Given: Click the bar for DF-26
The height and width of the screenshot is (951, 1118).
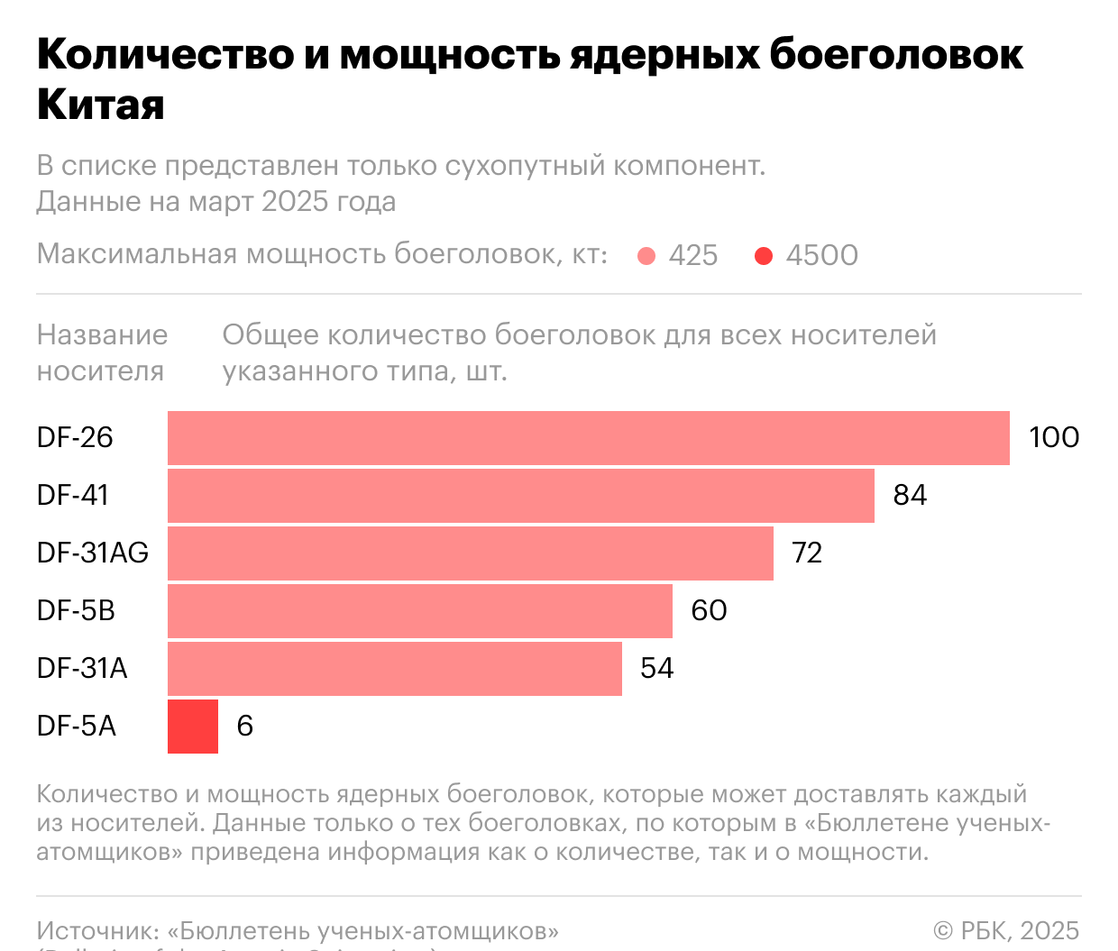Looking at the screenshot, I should tap(588, 438).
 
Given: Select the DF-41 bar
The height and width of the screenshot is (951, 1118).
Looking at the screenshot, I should tap(520, 496).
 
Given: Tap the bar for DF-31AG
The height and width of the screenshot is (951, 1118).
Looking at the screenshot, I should tap(470, 553).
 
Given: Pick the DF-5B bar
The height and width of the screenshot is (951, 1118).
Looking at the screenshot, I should tap(419, 611).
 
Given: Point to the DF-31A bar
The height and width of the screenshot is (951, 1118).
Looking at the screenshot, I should tap(394, 669).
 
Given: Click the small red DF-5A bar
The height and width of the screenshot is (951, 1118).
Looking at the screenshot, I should tap(192, 727).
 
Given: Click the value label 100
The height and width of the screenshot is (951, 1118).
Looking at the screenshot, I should tap(1053, 438).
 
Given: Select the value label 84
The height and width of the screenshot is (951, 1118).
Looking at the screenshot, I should tap(910, 496).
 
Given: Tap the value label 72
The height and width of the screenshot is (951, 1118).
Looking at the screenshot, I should tap(807, 553).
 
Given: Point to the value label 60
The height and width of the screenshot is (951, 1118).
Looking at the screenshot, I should tap(709, 611).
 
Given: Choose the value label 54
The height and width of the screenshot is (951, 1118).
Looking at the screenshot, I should tap(656, 669).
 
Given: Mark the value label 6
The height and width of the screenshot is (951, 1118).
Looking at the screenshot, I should tap(244, 727).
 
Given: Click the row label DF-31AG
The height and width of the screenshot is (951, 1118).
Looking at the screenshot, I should tap(92, 553).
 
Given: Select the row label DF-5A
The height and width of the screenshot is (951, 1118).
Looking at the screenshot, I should tap(77, 727).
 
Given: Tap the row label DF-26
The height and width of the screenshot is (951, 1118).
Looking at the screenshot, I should tap(75, 438).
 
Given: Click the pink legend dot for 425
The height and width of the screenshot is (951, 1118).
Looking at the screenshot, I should tap(646, 257).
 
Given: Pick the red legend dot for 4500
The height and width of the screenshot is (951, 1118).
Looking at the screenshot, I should tap(764, 257).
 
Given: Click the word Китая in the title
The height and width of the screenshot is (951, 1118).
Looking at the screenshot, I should tap(101, 105).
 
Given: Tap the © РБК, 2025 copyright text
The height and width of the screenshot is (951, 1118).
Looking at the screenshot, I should tap(1006, 930).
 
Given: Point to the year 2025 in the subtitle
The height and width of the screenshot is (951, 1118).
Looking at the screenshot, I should tap(294, 201).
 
